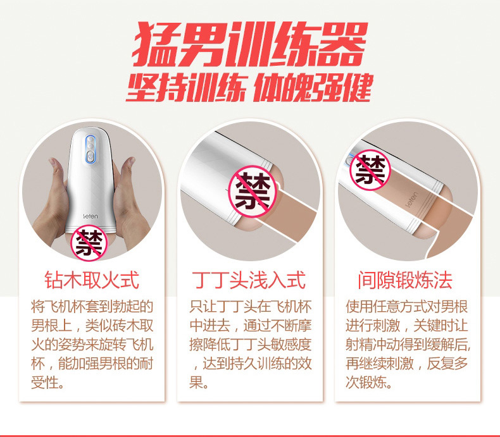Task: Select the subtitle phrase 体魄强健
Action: tap(313, 88)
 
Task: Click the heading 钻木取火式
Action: tap(92, 280)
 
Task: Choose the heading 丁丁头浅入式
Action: tap(249, 280)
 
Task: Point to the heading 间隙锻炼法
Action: tap(406, 280)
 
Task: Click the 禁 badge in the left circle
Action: tap(89, 243)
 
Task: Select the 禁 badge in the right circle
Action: tap(370, 170)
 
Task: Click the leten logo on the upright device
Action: tap(91, 216)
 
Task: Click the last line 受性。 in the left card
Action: tap(48, 382)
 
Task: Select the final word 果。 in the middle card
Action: tap(199, 382)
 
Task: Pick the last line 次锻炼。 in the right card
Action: tap(369, 382)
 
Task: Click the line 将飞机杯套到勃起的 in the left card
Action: tap(92, 307)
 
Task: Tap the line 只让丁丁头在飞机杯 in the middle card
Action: tap(251, 307)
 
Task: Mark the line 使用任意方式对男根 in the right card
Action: tap(407, 307)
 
